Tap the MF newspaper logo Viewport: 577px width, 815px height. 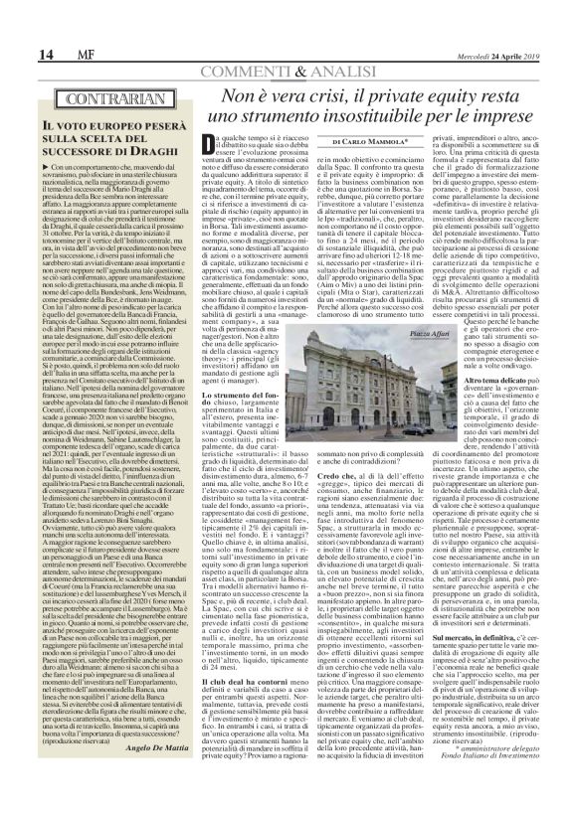point(50,54)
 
